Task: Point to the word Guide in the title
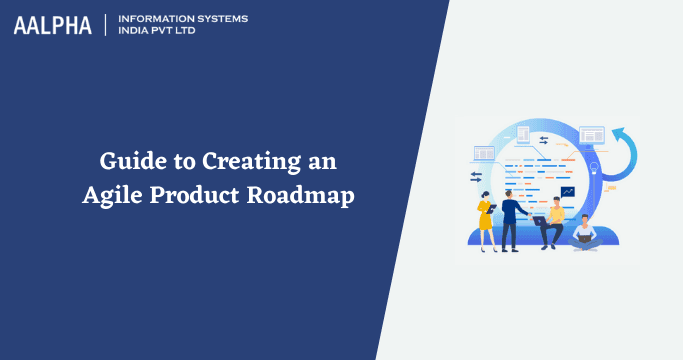pos(127,161)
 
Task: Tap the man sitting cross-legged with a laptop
pos(584,231)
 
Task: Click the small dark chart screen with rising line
pos(567,191)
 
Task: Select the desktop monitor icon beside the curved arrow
pos(592,134)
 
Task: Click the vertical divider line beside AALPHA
pos(104,26)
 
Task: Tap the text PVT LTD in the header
pos(178,33)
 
